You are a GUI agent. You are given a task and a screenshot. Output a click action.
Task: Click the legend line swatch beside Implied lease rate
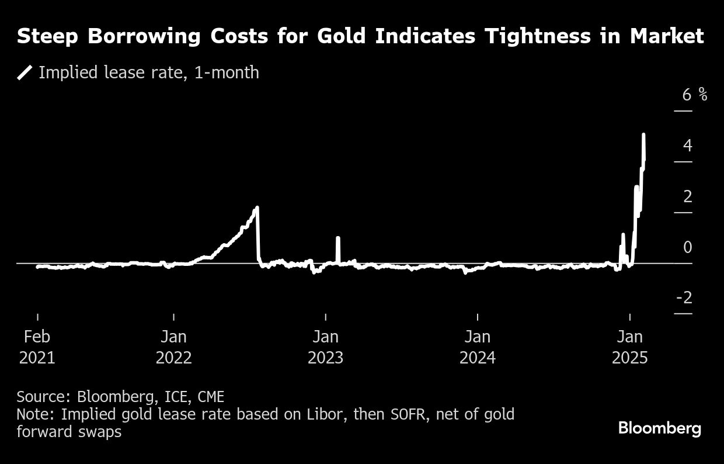click(25, 72)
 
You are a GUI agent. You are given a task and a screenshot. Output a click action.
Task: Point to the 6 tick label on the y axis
click(687, 94)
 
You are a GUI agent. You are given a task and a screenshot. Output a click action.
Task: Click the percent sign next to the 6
click(702, 94)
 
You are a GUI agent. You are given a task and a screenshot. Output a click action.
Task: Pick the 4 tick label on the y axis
click(687, 146)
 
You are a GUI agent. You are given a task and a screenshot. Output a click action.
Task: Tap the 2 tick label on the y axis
click(687, 196)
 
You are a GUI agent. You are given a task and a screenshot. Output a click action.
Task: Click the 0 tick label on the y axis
click(687, 247)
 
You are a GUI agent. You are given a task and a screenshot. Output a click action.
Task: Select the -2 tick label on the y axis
click(684, 298)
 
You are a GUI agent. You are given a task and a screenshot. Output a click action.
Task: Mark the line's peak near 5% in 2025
click(643, 135)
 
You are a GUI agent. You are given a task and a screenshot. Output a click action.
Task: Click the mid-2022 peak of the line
click(257, 208)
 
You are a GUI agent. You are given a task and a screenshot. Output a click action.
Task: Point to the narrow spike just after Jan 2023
click(338, 238)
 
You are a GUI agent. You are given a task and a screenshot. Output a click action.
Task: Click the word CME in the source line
click(211, 397)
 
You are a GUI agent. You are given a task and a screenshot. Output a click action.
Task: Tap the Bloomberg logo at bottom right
click(659, 428)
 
